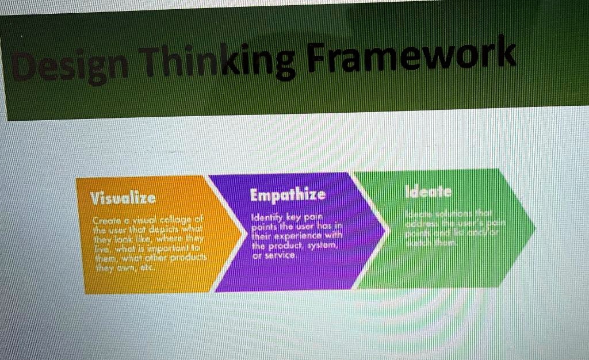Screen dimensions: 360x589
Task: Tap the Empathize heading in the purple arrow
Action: tap(288, 194)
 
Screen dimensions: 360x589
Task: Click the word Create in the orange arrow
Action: tap(106, 223)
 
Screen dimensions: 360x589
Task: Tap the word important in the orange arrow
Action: tap(170, 248)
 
